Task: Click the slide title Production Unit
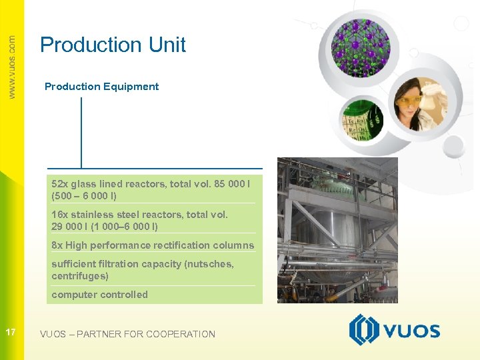[113, 45]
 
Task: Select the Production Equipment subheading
[101, 87]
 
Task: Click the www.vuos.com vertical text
[12, 67]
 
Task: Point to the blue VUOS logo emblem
[364, 330]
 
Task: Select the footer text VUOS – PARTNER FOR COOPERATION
[127, 334]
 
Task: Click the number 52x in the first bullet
[60, 184]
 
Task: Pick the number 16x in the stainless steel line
[60, 215]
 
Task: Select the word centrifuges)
[80, 276]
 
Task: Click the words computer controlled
[99, 295]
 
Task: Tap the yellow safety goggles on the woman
[409, 102]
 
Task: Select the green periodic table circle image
[359, 119]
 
